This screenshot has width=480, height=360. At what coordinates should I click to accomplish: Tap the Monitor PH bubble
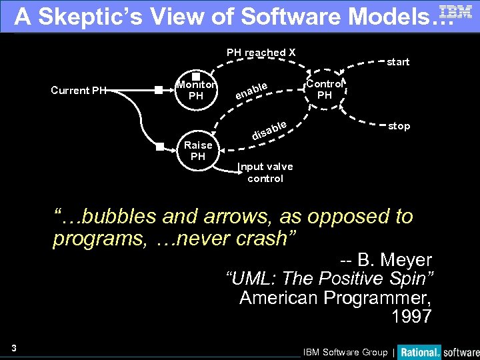(x=196, y=91)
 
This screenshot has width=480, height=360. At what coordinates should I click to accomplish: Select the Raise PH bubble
(x=198, y=151)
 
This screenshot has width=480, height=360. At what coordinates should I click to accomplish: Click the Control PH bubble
(x=324, y=89)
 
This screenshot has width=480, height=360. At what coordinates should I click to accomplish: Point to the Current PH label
(x=78, y=90)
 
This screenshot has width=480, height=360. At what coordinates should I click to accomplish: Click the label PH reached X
(x=261, y=53)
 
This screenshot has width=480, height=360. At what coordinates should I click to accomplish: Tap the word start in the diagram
(x=398, y=62)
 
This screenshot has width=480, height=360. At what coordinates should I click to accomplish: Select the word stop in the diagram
(x=399, y=126)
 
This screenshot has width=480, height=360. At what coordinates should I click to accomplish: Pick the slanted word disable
(x=269, y=131)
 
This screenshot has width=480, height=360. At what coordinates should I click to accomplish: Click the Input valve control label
(x=265, y=173)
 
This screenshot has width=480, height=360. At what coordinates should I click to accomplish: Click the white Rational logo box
(x=421, y=351)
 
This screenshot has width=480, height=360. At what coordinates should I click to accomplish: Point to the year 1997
(x=411, y=316)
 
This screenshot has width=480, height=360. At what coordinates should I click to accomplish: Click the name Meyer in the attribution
(x=403, y=260)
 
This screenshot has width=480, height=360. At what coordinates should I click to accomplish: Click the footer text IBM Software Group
(x=345, y=352)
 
